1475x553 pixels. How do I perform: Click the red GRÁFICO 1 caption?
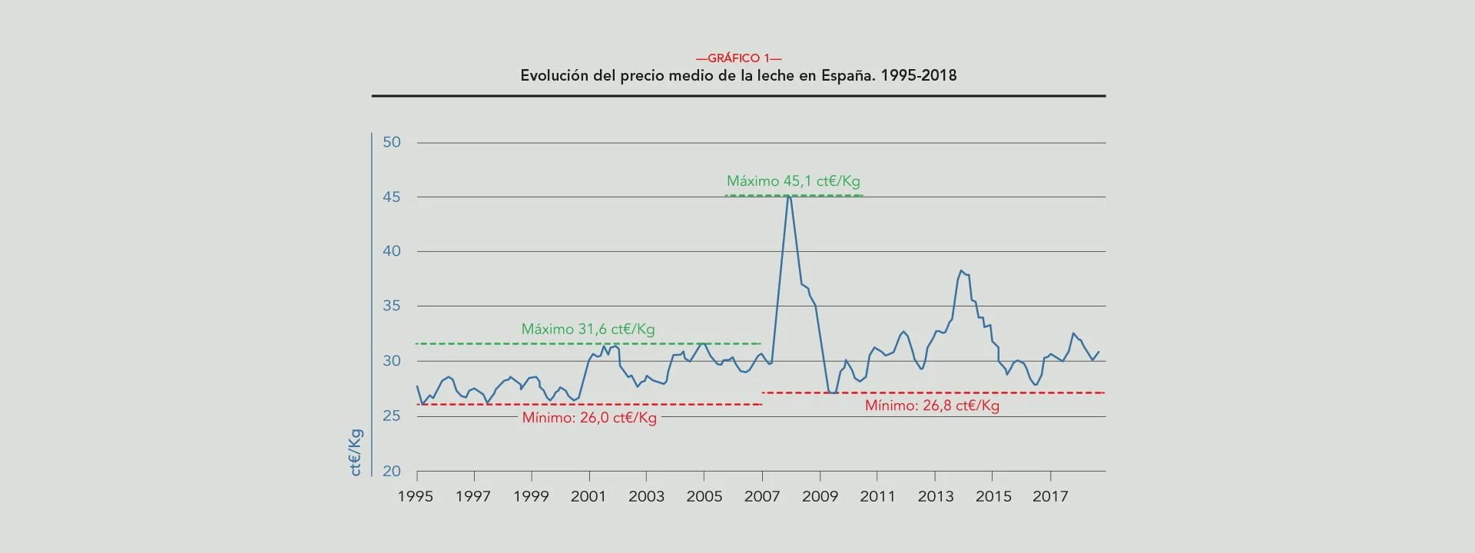point(738,58)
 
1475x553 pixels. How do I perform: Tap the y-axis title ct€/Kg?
point(356,452)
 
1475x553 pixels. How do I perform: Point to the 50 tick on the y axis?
point(392,142)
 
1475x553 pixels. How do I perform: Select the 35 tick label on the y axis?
point(392,306)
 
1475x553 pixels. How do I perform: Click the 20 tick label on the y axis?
point(392,472)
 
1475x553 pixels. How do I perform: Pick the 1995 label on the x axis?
point(416,496)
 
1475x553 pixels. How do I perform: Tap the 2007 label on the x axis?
point(762,496)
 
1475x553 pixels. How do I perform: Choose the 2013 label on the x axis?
point(935,496)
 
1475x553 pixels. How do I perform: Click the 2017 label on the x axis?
point(1050,496)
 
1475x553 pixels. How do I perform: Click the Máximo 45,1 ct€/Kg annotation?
point(793,181)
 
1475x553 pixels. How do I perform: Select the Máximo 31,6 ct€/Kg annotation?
point(588,329)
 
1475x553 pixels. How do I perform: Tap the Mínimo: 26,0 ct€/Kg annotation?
point(589,418)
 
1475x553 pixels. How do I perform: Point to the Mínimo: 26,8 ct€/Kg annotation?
point(932,406)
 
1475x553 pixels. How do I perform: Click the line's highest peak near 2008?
point(789,196)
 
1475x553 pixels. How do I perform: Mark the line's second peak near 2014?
point(960,270)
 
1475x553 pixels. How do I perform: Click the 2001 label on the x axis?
point(588,496)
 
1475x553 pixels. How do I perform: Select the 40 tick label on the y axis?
point(392,251)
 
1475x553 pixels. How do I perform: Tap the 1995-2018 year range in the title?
point(919,76)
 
